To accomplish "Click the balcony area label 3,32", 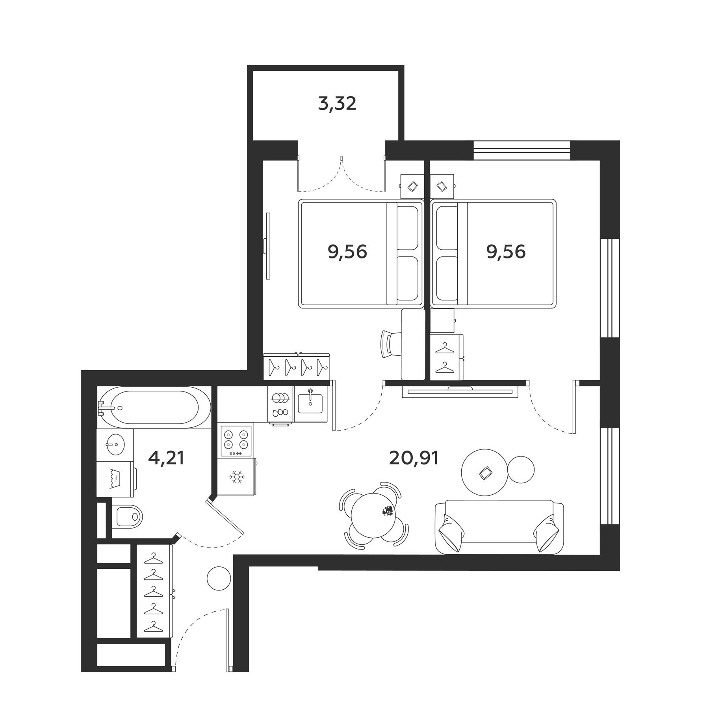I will pos(337,104).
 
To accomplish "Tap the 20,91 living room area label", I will pos(414,458).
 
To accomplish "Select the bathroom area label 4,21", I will pos(166,458).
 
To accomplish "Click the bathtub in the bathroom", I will pos(154,408).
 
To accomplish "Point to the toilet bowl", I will pos(127,516).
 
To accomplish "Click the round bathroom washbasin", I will pos(115,444).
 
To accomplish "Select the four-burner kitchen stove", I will pos(236,441).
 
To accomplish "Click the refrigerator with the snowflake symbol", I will pos(236,477).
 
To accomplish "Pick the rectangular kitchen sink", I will pos(310,404).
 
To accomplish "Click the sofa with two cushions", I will pos(499,528).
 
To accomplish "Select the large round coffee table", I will pos(484,472).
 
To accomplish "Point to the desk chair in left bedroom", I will pos(390,343).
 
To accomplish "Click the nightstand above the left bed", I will pos(412,186).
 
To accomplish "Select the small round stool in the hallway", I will pos(219,578).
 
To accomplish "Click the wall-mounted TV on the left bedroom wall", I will pos(268,246).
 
